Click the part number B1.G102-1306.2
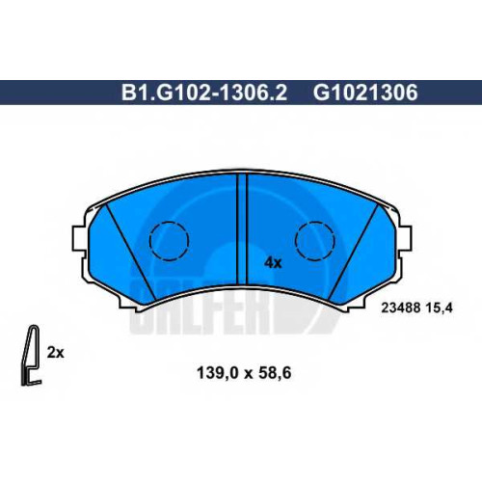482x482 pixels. coord(204,93)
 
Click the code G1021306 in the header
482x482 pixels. coord(365,93)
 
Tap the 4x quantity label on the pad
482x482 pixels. coord(273,263)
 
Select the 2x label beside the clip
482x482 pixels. coord(55,353)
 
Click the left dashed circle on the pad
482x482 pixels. coord(169,240)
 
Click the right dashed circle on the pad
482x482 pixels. coord(315,240)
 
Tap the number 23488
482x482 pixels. coord(400,308)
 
